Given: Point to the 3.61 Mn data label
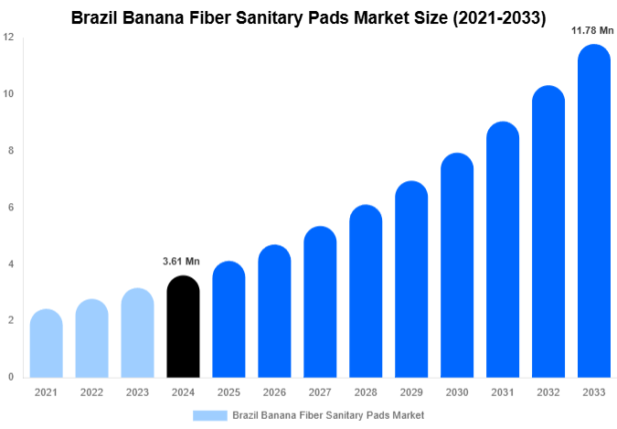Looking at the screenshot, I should [x=181, y=262].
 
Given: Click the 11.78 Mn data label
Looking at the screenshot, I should [x=592, y=30].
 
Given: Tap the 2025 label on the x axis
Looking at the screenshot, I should [x=229, y=391].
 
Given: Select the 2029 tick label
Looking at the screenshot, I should [x=411, y=391].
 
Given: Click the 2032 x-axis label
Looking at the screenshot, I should [x=548, y=391].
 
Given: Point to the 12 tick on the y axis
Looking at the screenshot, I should [x=8, y=38].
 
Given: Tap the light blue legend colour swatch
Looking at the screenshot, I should [x=209, y=414].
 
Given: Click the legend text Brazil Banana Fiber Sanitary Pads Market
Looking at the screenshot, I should [x=328, y=414].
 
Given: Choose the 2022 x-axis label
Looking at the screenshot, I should [x=91, y=391].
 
